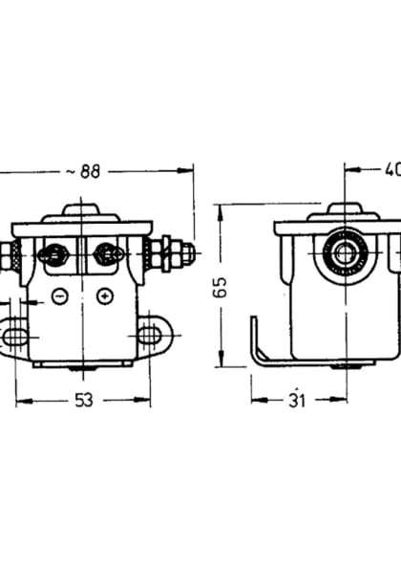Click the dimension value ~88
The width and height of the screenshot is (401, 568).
[84, 171]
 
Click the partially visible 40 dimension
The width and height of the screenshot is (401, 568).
[390, 171]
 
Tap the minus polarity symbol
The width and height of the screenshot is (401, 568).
[59, 295]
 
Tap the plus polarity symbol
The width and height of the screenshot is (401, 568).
[105, 295]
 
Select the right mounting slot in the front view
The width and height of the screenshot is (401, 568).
[150, 334]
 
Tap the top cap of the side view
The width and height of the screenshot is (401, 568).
[342, 211]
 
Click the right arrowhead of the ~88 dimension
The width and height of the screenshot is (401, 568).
[188, 171]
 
